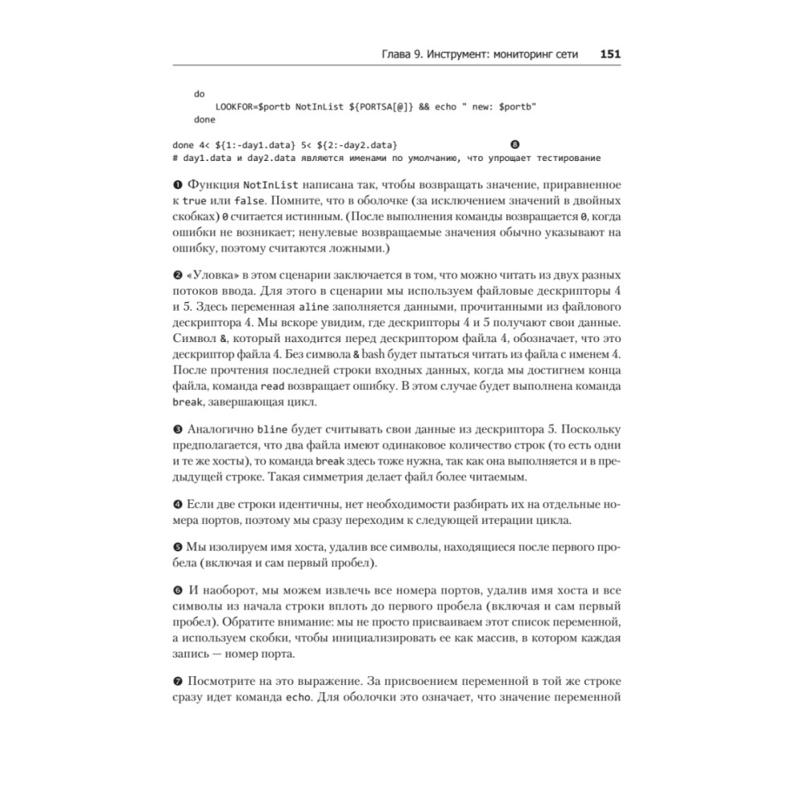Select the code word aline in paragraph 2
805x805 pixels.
pyautogui.click(x=313, y=308)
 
